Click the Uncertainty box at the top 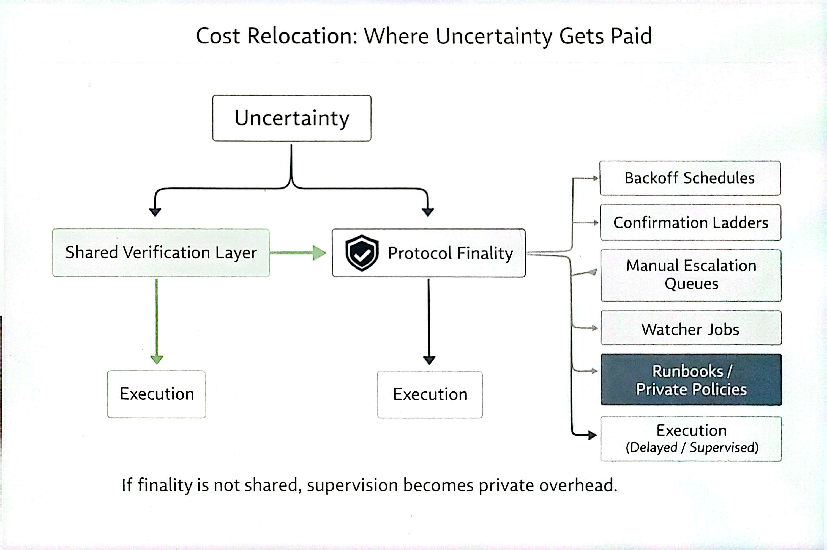(291, 118)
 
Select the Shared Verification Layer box (161, 253)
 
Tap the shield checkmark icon (362, 253)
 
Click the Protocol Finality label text (450, 253)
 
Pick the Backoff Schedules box (690, 178)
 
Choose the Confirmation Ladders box (690, 223)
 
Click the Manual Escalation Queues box (691, 275)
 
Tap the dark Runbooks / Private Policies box (691, 380)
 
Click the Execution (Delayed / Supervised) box (691, 439)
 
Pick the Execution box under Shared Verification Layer (157, 394)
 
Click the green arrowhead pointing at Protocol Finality (319, 253)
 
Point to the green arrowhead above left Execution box (157, 359)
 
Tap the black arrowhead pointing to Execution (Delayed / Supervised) (593, 435)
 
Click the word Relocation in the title (302, 36)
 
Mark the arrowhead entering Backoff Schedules (596, 178)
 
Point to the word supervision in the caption (352, 486)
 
